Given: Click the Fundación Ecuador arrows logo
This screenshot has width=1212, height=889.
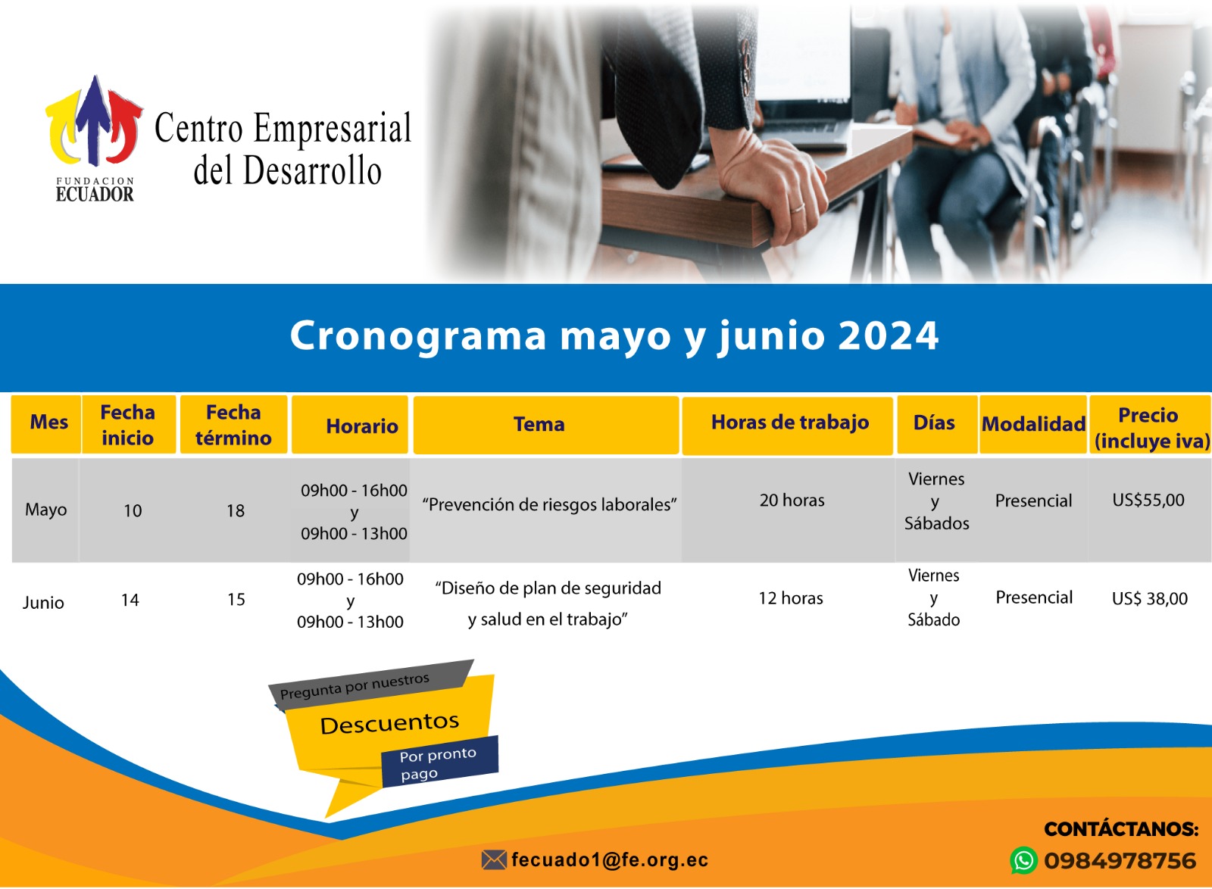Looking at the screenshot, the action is [x=94, y=120].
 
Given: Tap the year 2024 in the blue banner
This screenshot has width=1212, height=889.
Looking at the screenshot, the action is [x=887, y=335].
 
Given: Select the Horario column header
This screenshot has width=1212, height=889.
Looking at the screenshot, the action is [x=362, y=426].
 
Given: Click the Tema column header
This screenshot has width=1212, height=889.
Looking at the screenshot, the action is [x=539, y=424].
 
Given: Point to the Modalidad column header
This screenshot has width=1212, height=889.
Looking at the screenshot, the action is [x=1033, y=424].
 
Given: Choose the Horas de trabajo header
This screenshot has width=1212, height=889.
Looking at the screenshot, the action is [x=790, y=423].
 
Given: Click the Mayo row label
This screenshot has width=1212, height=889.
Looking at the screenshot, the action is [x=46, y=510].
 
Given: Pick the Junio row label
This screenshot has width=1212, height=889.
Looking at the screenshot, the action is [x=43, y=602].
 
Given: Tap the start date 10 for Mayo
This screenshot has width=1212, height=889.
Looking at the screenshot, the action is [x=133, y=510].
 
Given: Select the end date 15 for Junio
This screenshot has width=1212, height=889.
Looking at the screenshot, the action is [x=236, y=599].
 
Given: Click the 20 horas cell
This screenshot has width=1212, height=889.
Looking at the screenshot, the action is [x=792, y=501].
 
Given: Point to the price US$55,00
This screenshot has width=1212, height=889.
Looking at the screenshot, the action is [x=1148, y=500].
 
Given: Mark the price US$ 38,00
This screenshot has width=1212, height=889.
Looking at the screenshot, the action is [x=1150, y=598].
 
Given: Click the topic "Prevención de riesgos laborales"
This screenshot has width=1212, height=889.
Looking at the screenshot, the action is [x=549, y=504].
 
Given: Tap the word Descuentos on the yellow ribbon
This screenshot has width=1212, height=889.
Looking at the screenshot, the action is [x=389, y=723].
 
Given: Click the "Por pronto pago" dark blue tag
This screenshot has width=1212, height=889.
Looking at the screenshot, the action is [x=439, y=761].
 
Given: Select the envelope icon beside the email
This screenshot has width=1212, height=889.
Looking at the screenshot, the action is [x=494, y=859].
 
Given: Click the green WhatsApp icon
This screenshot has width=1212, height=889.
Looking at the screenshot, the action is [x=1023, y=860].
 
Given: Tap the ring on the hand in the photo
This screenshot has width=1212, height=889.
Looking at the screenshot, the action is [x=798, y=209].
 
